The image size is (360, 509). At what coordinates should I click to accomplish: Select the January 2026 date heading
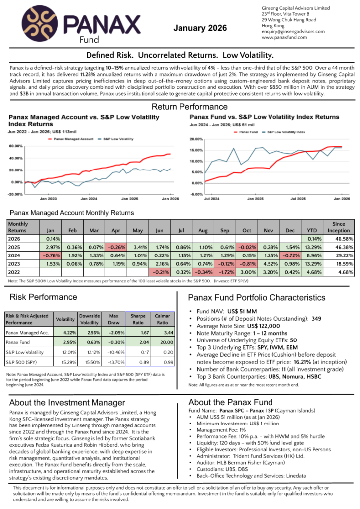click(199, 28)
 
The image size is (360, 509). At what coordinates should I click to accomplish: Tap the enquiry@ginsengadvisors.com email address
click(293, 31)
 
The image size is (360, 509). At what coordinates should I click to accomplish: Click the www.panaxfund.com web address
click(282, 37)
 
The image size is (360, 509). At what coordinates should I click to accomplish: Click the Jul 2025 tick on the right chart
click(298, 198)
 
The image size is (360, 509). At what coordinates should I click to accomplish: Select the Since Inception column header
click(338, 227)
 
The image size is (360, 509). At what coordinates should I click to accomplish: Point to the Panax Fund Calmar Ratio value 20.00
click(163, 342)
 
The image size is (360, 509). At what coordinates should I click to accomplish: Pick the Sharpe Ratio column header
click(138, 319)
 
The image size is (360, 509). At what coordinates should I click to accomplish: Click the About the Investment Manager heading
click(60, 402)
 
